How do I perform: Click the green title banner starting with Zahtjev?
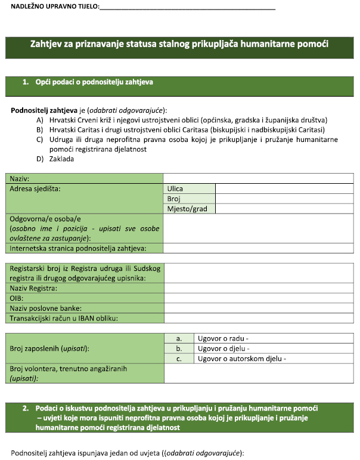tap(179, 44)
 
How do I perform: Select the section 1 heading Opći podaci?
tap(88, 82)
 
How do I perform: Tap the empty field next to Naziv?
tap(259, 178)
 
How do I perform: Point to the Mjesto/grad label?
tap(190, 209)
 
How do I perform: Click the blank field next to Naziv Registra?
tap(259, 288)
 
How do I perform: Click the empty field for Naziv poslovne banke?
tap(259, 308)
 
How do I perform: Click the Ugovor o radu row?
tap(274, 338)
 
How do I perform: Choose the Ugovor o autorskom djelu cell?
tap(274, 359)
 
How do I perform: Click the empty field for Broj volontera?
tap(259, 373)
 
